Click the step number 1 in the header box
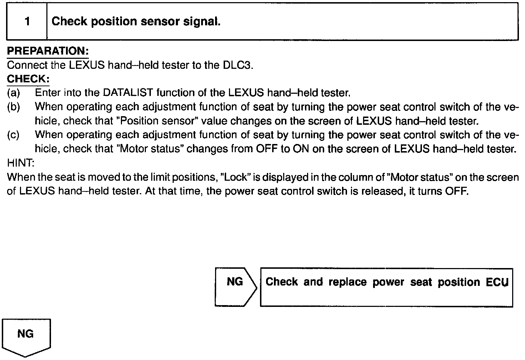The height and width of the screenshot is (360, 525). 27,22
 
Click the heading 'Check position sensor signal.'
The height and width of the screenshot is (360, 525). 136,22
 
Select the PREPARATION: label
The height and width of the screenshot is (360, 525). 48,51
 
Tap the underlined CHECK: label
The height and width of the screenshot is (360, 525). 28,79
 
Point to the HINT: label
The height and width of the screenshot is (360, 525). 21,163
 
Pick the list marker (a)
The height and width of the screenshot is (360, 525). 13,93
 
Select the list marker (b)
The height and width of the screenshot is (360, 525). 13,107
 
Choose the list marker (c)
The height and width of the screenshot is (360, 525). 13,135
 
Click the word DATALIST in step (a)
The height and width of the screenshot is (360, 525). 128,93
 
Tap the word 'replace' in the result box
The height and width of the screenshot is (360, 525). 347,282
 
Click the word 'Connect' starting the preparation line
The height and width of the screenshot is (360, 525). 27,65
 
